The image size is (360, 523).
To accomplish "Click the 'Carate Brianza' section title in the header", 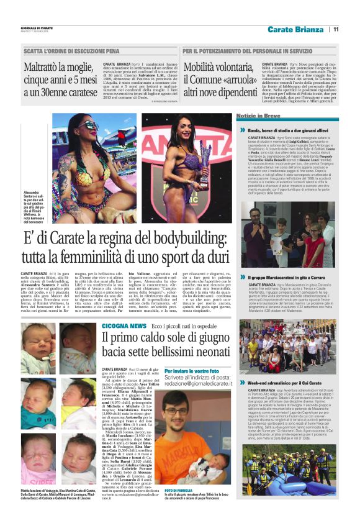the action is (x=299, y=29).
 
